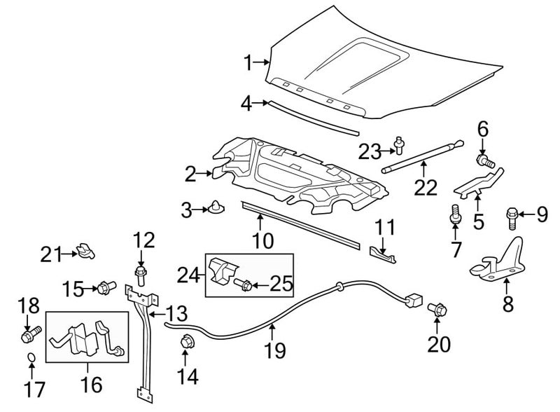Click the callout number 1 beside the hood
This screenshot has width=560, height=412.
[248, 63]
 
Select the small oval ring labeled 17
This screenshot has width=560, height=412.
[31, 357]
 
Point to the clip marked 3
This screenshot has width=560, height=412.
[216, 207]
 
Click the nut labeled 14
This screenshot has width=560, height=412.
[186, 341]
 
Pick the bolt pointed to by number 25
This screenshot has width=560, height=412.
[243, 284]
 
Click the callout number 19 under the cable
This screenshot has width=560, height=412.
[275, 350]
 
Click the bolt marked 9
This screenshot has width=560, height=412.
[512, 219]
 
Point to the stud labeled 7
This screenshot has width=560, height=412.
[454, 214]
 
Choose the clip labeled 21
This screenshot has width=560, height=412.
[86, 251]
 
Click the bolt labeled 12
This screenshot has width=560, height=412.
[141, 275]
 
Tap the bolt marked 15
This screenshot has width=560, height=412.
[106, 287]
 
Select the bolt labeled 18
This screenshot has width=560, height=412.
[31, 334]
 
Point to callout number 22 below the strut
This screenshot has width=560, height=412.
[426, 187]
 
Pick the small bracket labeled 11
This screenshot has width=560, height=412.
[382, 253]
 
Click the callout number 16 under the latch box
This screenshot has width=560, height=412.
[92, 385]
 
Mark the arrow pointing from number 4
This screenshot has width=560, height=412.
[260, 103]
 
